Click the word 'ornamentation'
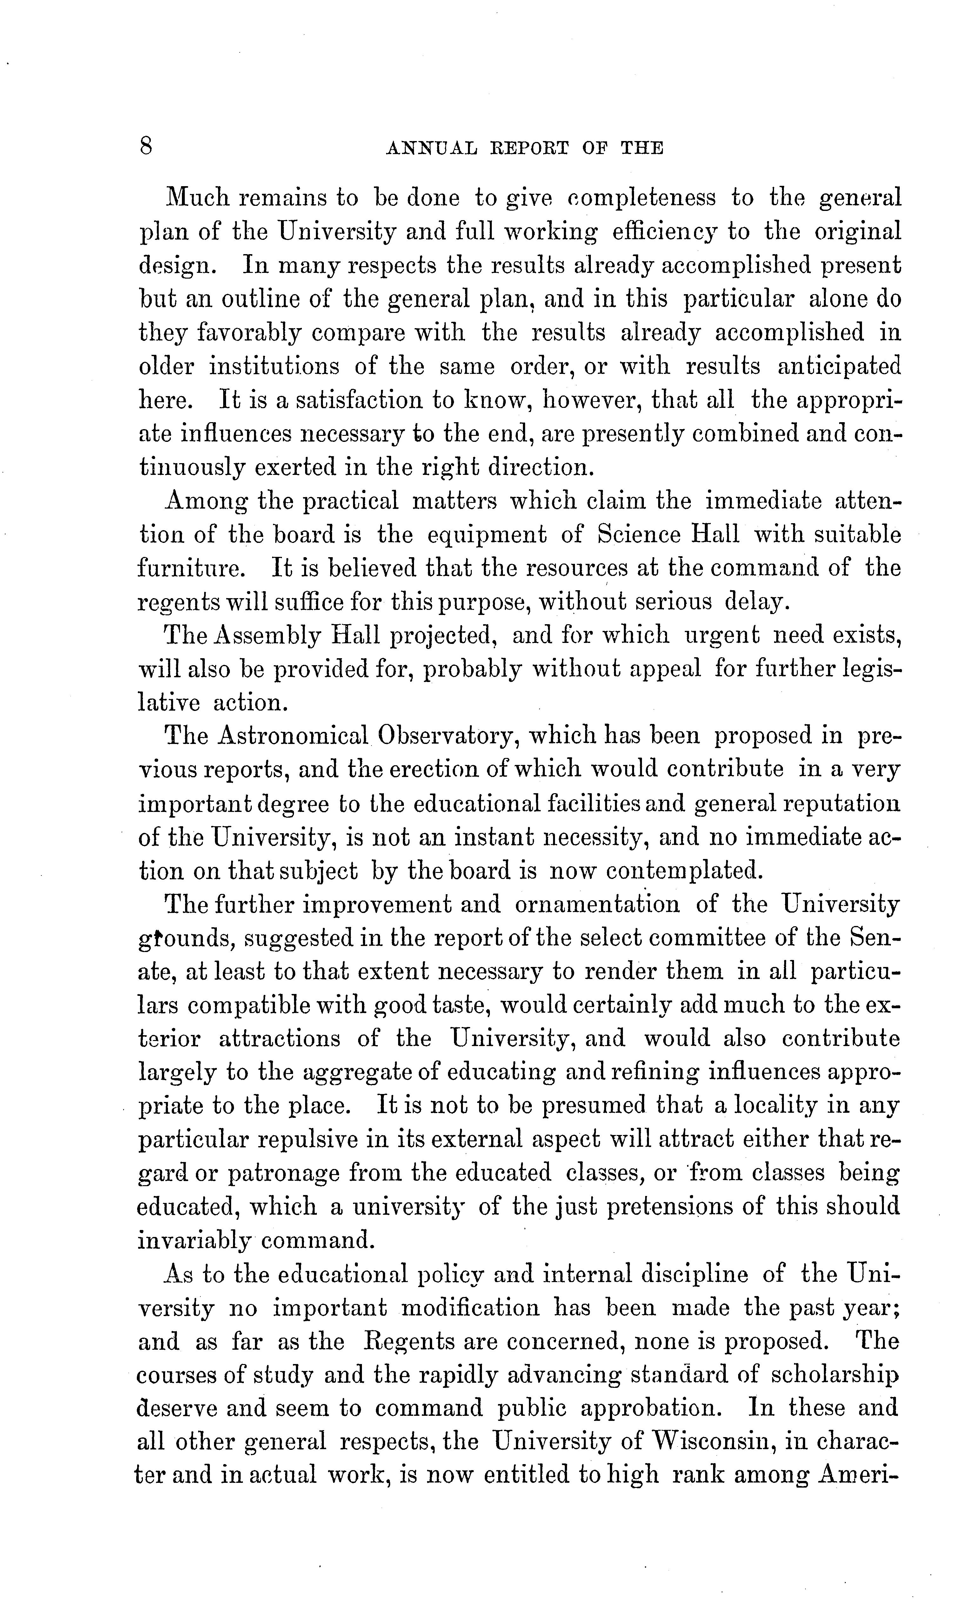click(x=597, y=904)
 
